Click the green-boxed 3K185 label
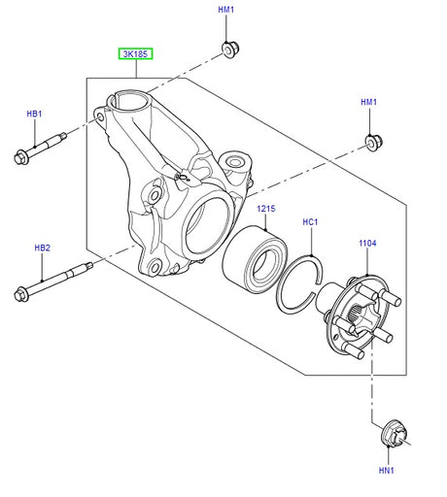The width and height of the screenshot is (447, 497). pyautogui.click(x=135, y=53)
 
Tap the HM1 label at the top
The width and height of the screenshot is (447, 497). pyautogui.click(x=225, y=10)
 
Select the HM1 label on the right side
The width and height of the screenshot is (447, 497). pyautogui.click(x=369, y=102)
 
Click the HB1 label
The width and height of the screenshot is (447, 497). pyautogui.click(x=34, y=114)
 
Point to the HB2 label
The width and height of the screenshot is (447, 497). pyautogui.click(x=43, y=248)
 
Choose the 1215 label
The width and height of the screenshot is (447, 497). pyautogui.click(x=266, y=209)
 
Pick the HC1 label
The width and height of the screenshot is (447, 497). pyautogui.click(x=310, y=222)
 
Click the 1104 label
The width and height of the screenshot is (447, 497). pyautogui.click(x=367, y=243)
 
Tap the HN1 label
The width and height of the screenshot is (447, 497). pyautogui.click(x=387, y=470)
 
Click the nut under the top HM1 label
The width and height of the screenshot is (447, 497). pyautogui.click(x=230, y=50)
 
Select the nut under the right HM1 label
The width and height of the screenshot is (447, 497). pyautogui.click(x=374, y=142)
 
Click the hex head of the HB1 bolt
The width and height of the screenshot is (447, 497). pyautogui.click(x=20, y=157)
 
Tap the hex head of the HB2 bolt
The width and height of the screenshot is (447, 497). pyautogui.click(x=21, y=294)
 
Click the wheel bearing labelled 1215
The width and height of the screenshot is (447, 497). pyautogui.click(x=255, y=256)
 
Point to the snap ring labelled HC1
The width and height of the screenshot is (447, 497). pyautogui.click(x=299, y=284)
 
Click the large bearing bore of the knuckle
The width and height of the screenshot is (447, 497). pyautogui.click(x=208, y=225)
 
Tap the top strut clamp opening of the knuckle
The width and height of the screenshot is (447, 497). pyautogui.click(x=129, y=100)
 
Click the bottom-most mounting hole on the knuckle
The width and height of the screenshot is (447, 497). pyautogui.click(x=155, y=267)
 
